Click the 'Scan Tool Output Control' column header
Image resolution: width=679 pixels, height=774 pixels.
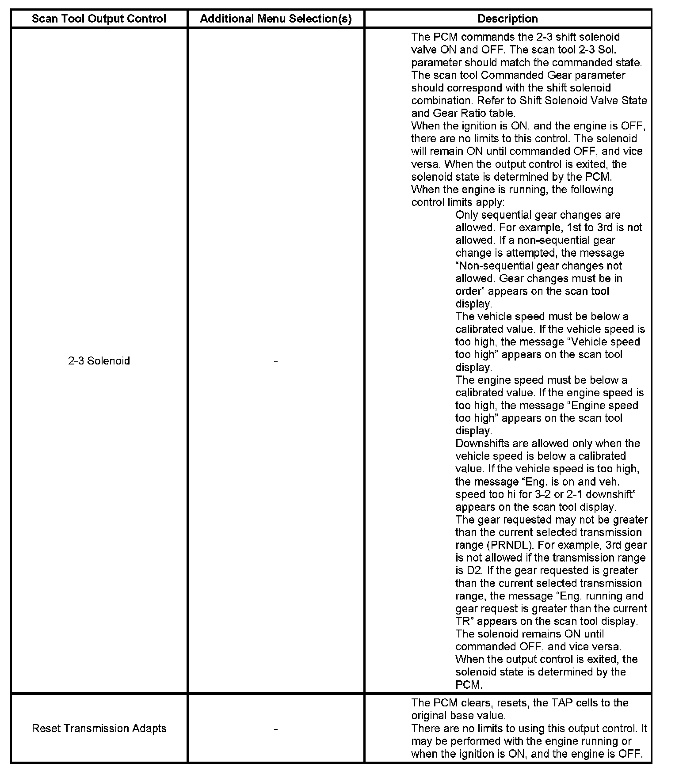pos(99,19)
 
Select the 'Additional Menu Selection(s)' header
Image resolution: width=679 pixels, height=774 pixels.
pos(276,19)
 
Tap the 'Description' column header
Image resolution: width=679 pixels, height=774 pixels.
pos(507,19)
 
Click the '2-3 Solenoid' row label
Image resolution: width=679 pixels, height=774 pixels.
pos(99,361)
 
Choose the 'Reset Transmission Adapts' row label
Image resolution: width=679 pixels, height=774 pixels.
pos(99,728)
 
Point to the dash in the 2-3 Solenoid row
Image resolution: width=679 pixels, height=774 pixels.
pos(276,361)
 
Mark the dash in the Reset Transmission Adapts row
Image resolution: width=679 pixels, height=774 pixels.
pos(276,729)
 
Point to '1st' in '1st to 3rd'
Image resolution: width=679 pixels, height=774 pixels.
pos(573,228)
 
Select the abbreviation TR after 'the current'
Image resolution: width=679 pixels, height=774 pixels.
pos(463,622)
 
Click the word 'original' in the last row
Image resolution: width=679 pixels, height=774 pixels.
pos(429,716)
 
